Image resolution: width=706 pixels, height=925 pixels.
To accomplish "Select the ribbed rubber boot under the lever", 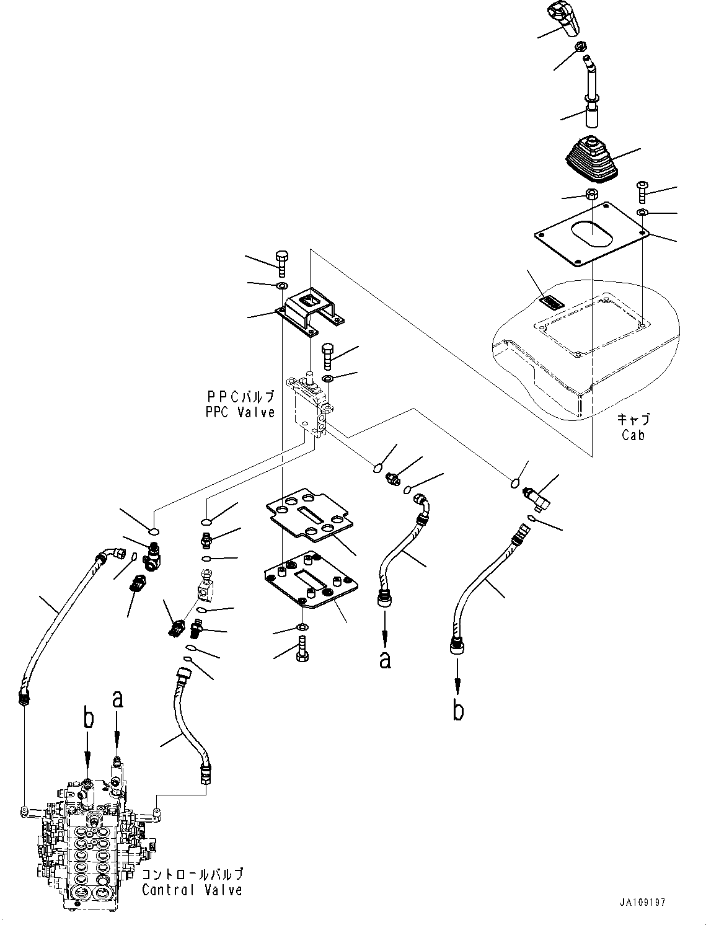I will coord(589,161).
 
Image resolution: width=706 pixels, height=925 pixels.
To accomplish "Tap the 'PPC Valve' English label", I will coord(240,412).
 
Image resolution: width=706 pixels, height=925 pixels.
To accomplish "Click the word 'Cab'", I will coord(633,435).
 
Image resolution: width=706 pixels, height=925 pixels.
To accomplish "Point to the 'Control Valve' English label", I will coord(192,890).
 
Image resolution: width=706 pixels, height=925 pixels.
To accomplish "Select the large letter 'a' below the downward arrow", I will coord(385,660).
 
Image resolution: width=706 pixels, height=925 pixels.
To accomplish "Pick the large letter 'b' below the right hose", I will coord(457,710).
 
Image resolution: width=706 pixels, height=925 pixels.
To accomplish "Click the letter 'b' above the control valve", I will coord(89,719).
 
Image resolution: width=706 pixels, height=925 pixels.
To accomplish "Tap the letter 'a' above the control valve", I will coord(117,699).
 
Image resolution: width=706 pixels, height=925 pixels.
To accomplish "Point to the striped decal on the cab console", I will coord(550,303).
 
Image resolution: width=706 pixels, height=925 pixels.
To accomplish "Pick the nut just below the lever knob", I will coord(581,46).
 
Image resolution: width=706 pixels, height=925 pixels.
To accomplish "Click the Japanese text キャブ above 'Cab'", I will coord(633,419).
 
